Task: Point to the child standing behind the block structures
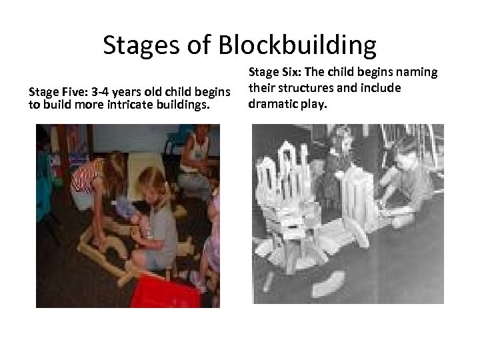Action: coord(343,157)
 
